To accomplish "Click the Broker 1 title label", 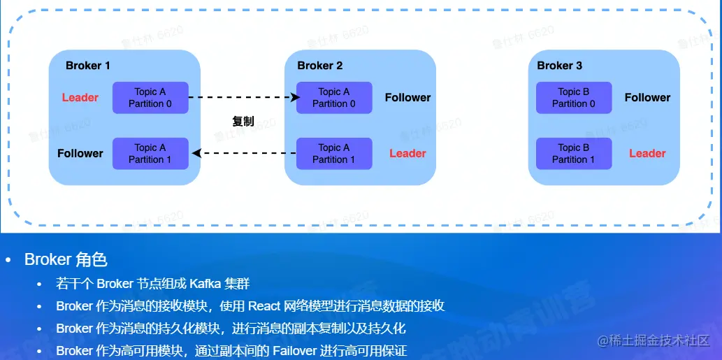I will pyautogui.click(x=87, y=66).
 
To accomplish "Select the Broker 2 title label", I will pyautogui.click(x=319, y=66).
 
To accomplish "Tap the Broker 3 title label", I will pyautogui.click(x=559, y=66).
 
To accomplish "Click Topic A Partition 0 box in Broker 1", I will pyautogui.click(x=150, y=98).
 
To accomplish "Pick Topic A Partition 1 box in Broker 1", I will pyautogui.click(x=150, y=154).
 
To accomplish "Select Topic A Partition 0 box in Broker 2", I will pyautogui.click(x=334, y=98).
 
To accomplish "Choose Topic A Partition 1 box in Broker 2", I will pyautogui.click(x=334, y=154).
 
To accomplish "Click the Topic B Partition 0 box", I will pyautogui.click(x=574, y=98).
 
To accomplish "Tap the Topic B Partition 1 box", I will pyautogui.click(x=574, y=154).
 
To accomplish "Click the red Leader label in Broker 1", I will pyautogui.click(x=80, y=98).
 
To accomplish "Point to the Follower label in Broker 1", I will pyautogui.click(x=80, y=154).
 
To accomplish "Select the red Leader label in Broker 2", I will pyautogui.click(x=407, y=154).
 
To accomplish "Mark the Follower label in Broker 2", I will pyautogui.click(x=407, y=98).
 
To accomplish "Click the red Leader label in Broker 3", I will pyautogui.click(x=647, y=154).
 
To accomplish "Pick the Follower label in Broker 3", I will pyautogui.click(x=647, y=98).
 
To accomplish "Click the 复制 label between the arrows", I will pyautogui.click(x=243, y=122).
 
